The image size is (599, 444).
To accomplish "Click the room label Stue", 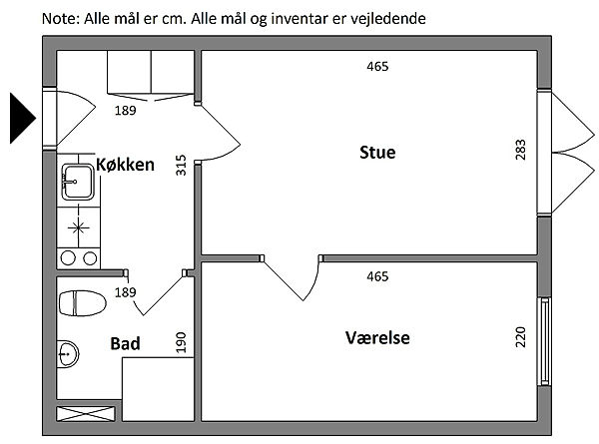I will click(x=377, y=153).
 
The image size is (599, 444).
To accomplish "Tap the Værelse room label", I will click(x=377, y=338).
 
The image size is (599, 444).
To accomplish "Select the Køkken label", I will click(x=125, y=165).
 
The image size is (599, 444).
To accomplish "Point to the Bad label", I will click(x=125, y=344).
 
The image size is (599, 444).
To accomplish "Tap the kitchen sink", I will click(x=77, y=182).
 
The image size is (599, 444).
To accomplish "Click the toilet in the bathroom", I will click(x=82, y=302).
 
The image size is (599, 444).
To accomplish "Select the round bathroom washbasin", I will click(x=67, y=352).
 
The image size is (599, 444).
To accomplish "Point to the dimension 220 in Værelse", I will click(x=520, y=336).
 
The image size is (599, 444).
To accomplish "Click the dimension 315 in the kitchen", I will click(x=181, y=165).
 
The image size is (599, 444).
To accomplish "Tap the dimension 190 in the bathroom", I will click(x=181, y=342).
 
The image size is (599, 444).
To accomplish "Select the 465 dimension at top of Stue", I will click(x=376, y=67).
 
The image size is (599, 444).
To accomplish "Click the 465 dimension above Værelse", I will click(x=376, y=276).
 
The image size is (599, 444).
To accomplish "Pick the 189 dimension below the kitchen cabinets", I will click(x=125, y=110).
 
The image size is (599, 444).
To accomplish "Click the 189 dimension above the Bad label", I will click(x=125, y=292).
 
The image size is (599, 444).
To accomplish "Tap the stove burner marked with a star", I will click(x=78, y=228).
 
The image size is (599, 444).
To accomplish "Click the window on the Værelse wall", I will click(x=544, y=341).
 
